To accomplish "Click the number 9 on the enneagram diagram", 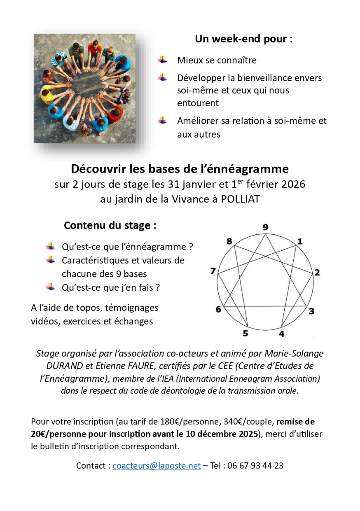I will click(265, 227).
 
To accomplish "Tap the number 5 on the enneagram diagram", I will click(245, 334).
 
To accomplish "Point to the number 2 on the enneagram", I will click(317, 272).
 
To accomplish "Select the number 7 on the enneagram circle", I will click(213, 271).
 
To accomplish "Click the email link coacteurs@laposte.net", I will click(157, 466).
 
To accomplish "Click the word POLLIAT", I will click(241, 199).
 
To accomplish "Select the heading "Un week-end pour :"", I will click(244, 39).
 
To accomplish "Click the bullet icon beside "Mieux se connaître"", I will click(163, 60).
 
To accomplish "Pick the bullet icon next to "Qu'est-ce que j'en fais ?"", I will click(51, 287).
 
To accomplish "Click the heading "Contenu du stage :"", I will click(110, 226).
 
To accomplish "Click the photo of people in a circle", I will click(85, 89).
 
